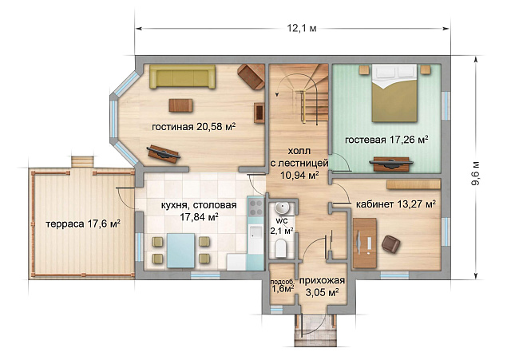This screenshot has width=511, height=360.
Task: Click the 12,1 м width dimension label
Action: click(302, 29)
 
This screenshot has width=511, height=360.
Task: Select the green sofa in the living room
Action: click(183, 77)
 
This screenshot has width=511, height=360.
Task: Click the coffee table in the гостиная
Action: click(180, 105)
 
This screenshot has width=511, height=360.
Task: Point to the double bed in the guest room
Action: click(394, 93)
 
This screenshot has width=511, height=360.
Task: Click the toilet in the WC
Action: click(280, 247)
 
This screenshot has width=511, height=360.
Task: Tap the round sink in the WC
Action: click(281, 208)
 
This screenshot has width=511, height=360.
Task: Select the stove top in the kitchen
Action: click(255, 208)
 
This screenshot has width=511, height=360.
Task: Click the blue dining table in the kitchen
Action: click(181, 250)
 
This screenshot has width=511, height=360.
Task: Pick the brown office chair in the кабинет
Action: click(390, 244)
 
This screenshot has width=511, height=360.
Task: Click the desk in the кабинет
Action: click(365, 243)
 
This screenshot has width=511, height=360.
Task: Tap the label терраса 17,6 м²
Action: click(83, 224)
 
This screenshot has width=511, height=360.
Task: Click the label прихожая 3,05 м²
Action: click(322, 286)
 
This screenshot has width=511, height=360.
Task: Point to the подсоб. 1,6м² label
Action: click(282, 285)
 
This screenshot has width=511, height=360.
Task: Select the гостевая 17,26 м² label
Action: click(386, 140)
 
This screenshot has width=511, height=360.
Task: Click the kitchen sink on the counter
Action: click(255, 232)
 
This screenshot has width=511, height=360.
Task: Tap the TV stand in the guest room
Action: click(391, 164)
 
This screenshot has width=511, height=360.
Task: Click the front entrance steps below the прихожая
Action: click(315, 330)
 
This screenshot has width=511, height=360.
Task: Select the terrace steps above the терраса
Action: click(83, 162)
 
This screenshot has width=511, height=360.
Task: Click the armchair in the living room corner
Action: click(251, 77)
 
